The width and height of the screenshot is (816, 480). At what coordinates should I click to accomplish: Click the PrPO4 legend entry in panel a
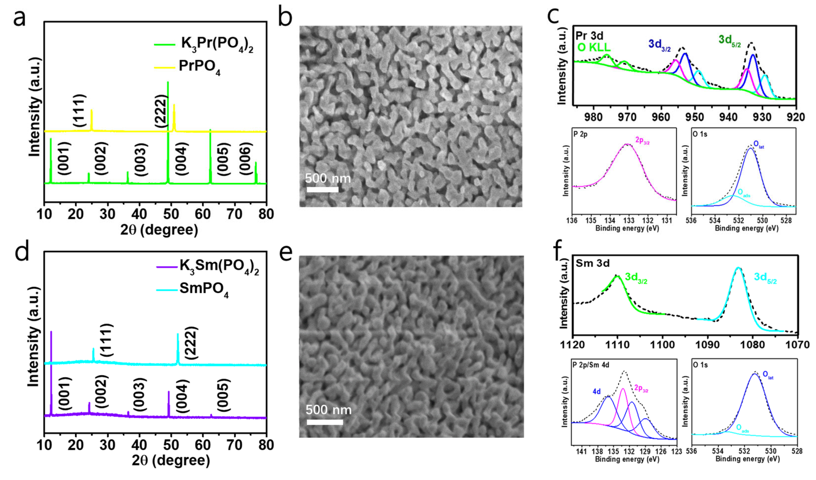(x=199, y=67)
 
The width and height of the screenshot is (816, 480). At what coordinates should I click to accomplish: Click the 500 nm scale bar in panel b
(x=322, y=189)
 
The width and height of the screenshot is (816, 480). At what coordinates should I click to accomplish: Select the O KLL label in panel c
(x=594, y=47)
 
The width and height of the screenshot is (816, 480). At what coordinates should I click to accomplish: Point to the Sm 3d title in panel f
(x=593, y=263)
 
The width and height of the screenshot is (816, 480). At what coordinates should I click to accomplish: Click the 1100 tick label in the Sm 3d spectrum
(x=662, y=345)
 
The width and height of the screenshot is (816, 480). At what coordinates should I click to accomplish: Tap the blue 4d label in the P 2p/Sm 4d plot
(x=597, y=392)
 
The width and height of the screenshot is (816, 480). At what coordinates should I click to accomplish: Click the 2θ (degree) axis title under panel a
(x=159, y=230)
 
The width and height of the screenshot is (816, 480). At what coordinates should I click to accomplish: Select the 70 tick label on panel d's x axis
(x=234, y=446)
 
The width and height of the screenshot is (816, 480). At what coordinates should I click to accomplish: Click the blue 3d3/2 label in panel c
(x=659, y=45)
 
